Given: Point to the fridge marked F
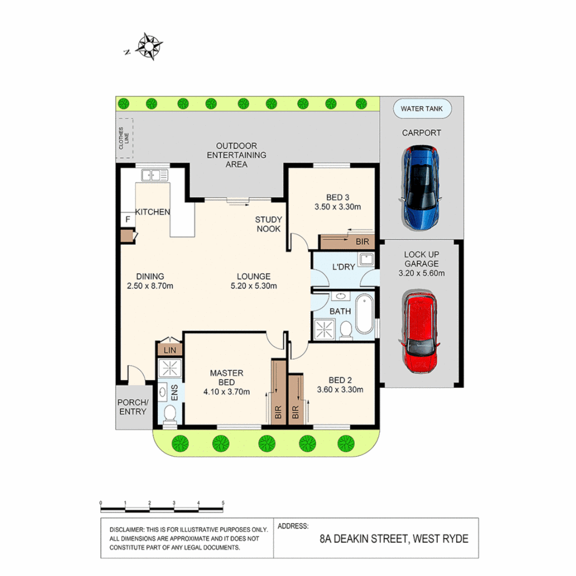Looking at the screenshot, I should pos(128,219).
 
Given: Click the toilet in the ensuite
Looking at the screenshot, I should pos(170,414).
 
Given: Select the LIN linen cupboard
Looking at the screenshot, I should pos(170,350).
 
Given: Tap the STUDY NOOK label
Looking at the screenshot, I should pos(268,224).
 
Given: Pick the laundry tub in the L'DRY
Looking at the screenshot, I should pos(366,260).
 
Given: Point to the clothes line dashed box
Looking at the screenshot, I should pos(126,138).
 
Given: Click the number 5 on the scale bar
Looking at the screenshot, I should pos(223,503).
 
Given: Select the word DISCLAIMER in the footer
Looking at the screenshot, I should pos(126,530).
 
